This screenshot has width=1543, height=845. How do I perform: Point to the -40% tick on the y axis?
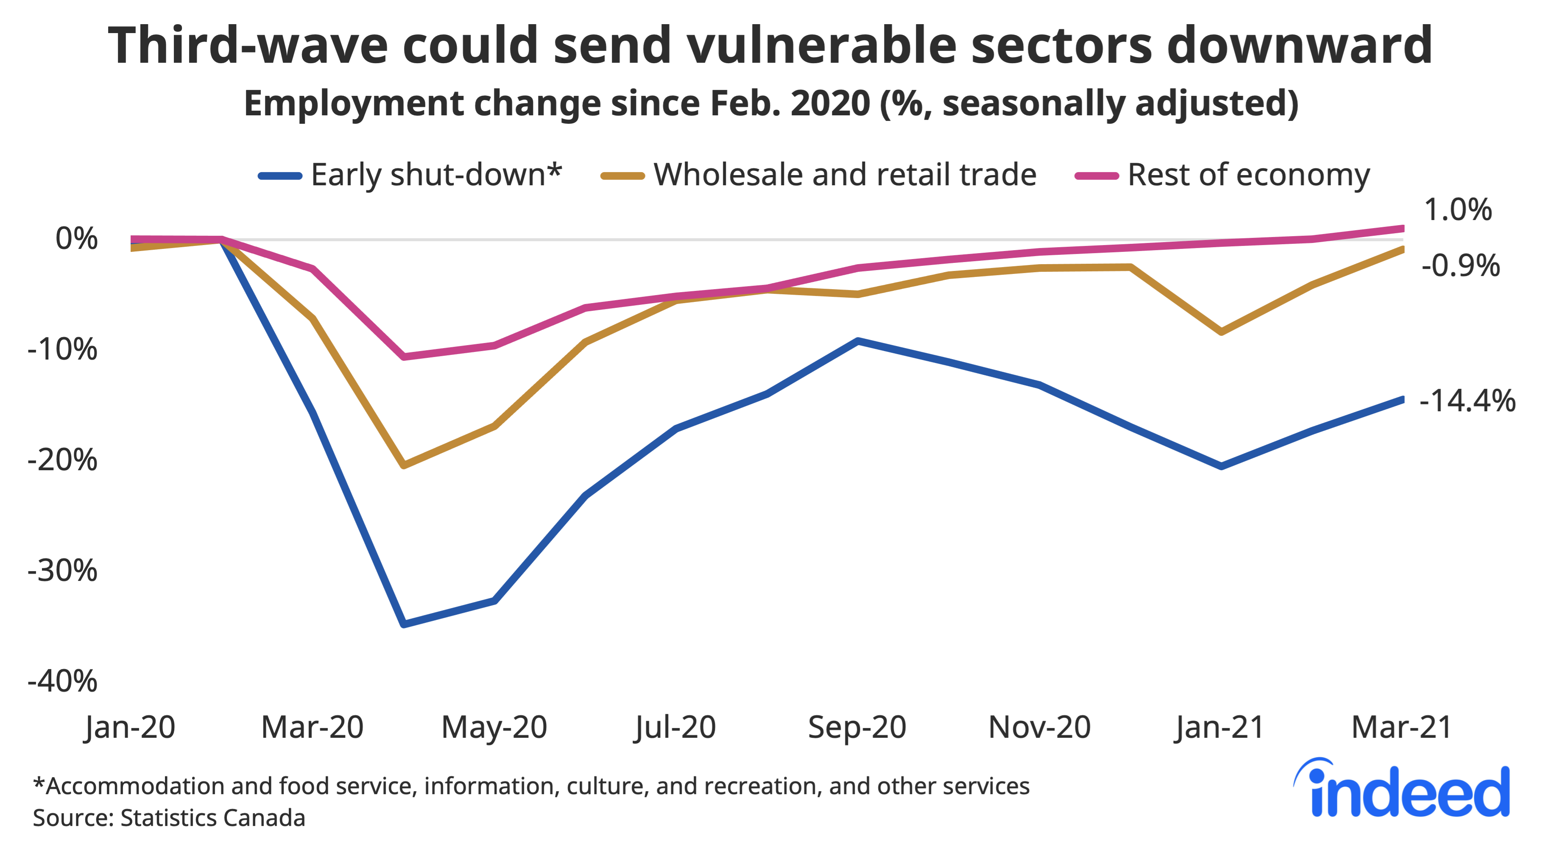62,681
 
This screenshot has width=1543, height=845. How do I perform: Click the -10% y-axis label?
62,349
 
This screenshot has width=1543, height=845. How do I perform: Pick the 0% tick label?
76,239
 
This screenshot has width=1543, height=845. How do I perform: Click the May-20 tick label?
494,727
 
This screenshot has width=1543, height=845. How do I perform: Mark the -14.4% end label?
1467,400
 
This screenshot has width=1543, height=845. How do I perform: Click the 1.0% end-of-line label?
1457,209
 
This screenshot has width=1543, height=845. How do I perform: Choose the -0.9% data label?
1460,265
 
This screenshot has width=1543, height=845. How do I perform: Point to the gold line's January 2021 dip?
1221,331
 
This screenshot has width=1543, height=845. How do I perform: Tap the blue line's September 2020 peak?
857,341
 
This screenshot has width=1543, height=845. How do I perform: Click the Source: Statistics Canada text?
169,818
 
